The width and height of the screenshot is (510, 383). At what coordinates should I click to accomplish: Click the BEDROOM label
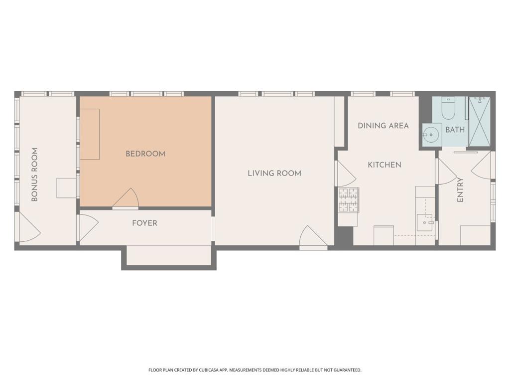click(145, 154)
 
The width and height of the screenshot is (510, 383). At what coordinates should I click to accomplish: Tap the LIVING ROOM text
click(274, 174)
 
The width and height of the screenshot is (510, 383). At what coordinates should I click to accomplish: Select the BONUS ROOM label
click(35, 175)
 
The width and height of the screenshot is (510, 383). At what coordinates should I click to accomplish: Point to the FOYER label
click(144, 223)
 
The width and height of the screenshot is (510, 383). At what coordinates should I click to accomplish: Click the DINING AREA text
click(383, 126)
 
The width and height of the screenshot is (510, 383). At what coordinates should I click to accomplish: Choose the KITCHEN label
click(384, 165)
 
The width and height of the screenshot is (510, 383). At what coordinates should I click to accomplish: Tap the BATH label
click(455, 130)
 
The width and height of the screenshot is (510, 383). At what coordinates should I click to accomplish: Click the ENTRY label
click(460, 190)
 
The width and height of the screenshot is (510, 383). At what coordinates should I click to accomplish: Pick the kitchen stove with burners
click(349, 200)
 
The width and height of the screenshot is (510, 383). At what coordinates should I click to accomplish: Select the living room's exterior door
click(312, 238)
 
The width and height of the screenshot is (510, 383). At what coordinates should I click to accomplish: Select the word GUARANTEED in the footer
click(345, 370)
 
